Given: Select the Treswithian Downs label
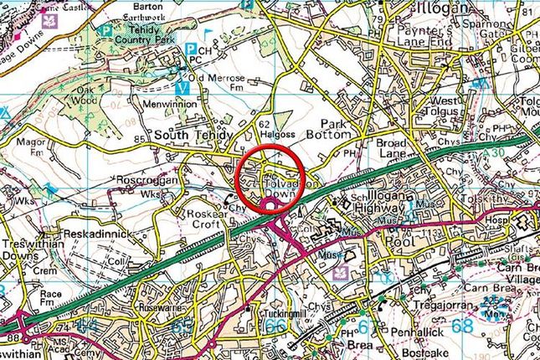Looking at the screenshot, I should pyautogui.click(x=29, y=243).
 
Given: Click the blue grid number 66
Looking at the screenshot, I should pyautogui.click(x=274, y=326).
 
